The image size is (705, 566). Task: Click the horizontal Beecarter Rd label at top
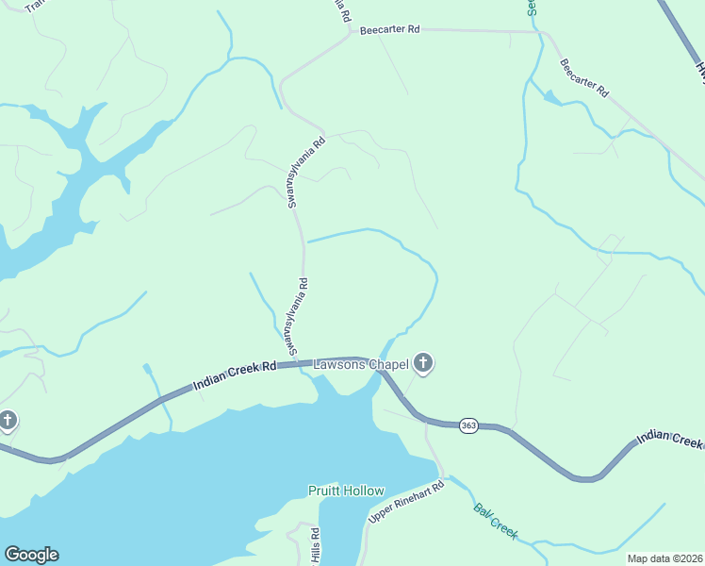click(x=387, y=29)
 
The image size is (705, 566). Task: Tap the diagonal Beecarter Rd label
click(x=584, y=80)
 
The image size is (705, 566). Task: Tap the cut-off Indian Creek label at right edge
click(x=670, y=439)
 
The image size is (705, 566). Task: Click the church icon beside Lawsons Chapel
click(x=423, y=362)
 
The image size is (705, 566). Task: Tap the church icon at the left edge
click(x=8, y=420)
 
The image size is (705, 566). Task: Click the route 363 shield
click(x=468, y=426)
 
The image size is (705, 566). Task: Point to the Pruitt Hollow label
click(x=346, y=491)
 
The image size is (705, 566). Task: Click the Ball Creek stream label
click(x=495, y=521)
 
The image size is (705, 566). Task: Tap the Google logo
click(x=31, y=555)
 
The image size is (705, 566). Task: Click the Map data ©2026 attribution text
click(x=664, y=558)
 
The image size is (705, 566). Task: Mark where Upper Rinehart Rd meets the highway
click(x=425, y=424)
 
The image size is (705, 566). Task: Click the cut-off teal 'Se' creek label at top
click(x=533, y=8)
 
